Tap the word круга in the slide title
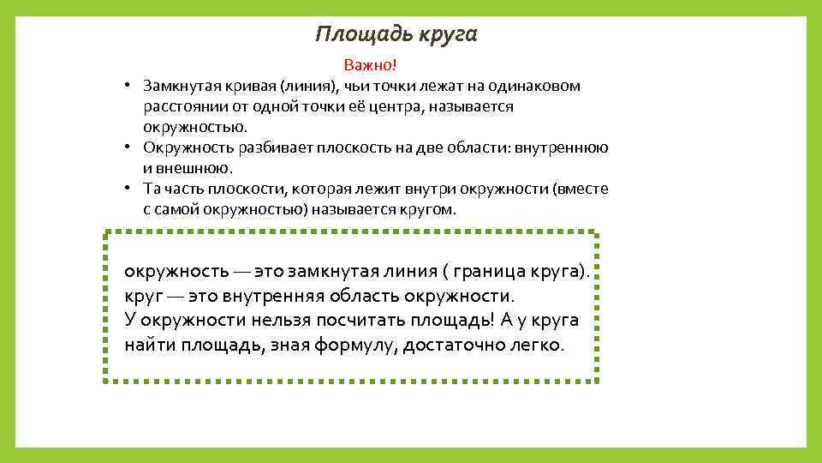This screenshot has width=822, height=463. pos(448,35)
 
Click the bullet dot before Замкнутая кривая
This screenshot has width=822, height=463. pos(125,86)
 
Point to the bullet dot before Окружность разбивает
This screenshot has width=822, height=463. pos(125,147)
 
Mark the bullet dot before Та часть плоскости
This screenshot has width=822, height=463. pos(125,189)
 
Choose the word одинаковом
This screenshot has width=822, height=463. pos(542,86)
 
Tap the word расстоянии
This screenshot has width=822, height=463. pos(181,106)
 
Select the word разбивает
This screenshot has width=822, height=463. pos(275,147)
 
